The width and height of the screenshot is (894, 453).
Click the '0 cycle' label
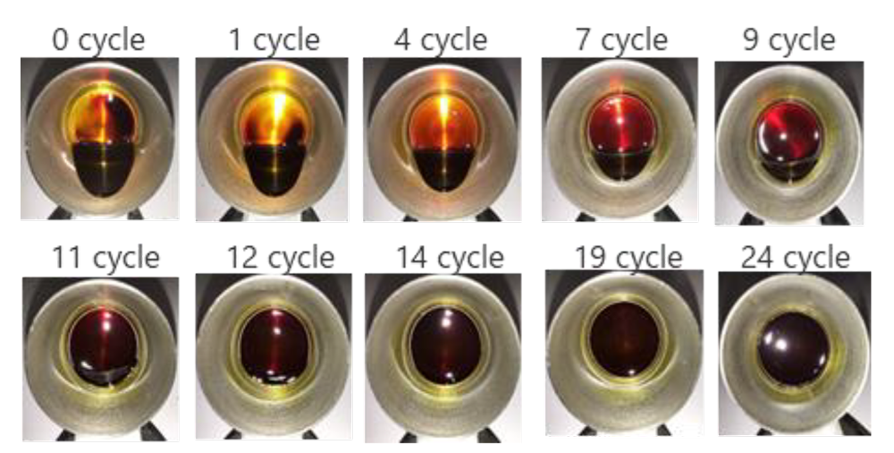tap(98, 41)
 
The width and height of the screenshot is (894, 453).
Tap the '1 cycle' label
tap(274, 41)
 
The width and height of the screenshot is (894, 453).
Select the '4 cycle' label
tap(441, 41)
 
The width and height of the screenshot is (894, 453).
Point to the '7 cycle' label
tap(621, 41)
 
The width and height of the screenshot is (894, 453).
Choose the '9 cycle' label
tap(789, 41)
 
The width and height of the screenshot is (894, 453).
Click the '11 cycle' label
tap(105, 258)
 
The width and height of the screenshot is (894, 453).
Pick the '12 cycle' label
tap(281, 258)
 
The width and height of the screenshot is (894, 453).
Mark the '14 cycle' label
tap(451, 258)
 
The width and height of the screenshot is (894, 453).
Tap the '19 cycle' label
tap(628, 257)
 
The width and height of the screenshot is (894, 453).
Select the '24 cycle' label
tap(796, 257)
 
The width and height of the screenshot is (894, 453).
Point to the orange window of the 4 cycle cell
tap(443, 123)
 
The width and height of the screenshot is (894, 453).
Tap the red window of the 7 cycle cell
tap(622, 123)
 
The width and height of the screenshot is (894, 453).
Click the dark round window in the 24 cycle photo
tap(793, 348)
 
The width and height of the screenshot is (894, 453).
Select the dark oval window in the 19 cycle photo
tap(624, 340)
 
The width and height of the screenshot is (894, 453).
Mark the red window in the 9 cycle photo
tap(789, 132)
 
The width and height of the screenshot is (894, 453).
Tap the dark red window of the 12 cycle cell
tap(274, 345)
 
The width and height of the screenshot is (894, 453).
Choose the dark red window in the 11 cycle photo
tap(103, 340)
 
